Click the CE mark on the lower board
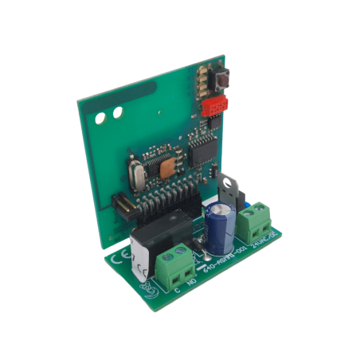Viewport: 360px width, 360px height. tap(125, 260)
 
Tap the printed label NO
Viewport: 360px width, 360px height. tap(190, 280)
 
